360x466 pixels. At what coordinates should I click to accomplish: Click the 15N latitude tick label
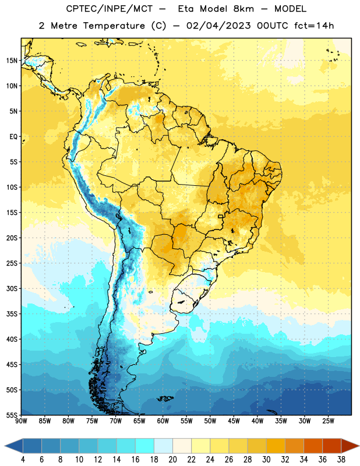pos(12,61)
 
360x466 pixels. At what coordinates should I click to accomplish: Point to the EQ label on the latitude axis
pos(13,137)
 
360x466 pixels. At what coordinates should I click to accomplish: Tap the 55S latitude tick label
pos(12,415)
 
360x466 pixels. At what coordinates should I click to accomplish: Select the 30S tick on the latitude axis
pos(12,288)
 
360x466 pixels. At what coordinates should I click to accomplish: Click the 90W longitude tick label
pos(21,421)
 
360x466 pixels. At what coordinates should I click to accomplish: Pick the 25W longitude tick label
pos(328,421)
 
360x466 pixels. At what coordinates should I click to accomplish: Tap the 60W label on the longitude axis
pos(163,421)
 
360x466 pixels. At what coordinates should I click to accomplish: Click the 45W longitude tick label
pos(234,421)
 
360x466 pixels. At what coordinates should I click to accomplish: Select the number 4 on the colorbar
pos(23,460)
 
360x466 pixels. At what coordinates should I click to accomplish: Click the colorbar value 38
pos(341,460)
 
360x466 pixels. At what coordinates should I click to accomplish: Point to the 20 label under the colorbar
pos(172,460)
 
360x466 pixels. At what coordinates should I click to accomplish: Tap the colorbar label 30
pos(266,460)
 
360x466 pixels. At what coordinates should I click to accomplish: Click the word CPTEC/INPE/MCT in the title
pos(109,9)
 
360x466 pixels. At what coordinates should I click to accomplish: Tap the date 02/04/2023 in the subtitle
pos(218,26)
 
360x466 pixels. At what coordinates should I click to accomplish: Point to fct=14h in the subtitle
pos(314,26)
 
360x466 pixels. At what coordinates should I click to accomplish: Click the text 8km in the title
pos(243,9)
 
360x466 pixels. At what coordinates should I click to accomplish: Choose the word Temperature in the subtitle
pos(114,26)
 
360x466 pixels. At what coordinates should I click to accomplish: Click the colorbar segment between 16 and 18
pos(144,446)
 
